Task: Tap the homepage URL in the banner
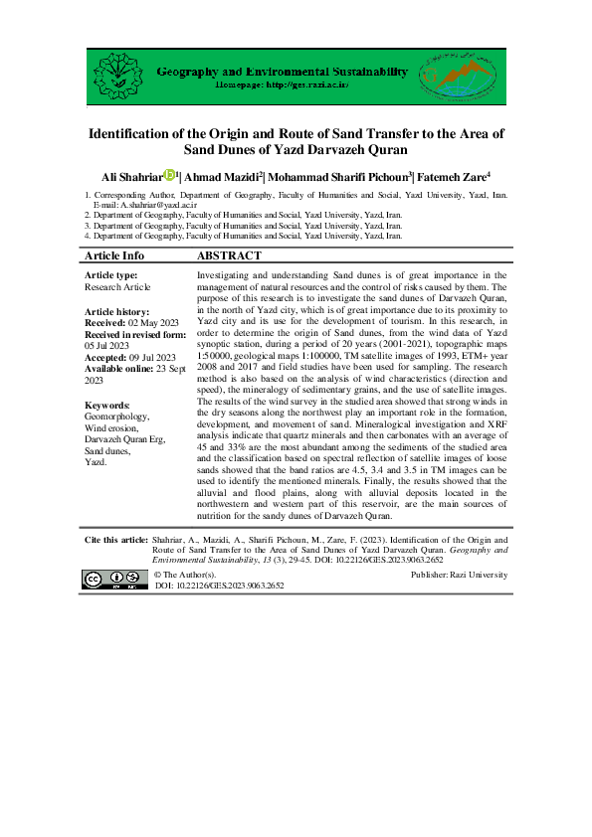coord(283,86)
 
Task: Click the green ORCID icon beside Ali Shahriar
coord(169,176)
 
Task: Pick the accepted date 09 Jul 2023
coord(151,357)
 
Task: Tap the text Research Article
coord(118,286)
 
